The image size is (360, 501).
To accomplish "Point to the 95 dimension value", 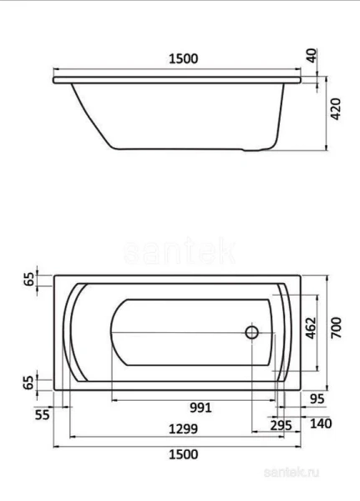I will (x=315, y=400).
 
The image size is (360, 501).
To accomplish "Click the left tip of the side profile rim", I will (x=53, y=81).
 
